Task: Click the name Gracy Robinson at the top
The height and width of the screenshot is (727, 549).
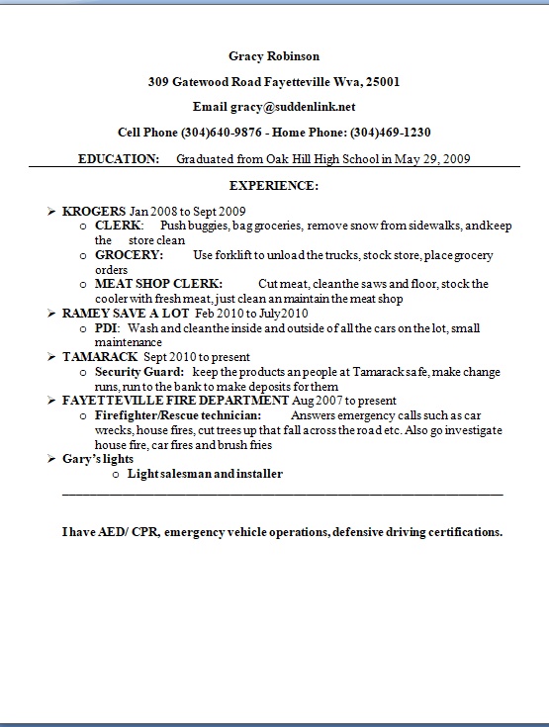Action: (274, 56)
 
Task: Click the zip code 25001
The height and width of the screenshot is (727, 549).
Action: (381, 82)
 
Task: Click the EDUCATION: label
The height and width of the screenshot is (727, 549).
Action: (118, 158)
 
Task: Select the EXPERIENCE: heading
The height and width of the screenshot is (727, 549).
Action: (274, 185)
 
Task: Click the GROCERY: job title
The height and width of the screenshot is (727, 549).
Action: (129, 255)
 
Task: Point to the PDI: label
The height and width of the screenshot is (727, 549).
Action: (107, 327)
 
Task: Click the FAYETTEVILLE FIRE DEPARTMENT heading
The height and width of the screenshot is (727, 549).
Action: (175, 401)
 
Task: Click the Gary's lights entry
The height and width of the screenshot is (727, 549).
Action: (97, 459)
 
